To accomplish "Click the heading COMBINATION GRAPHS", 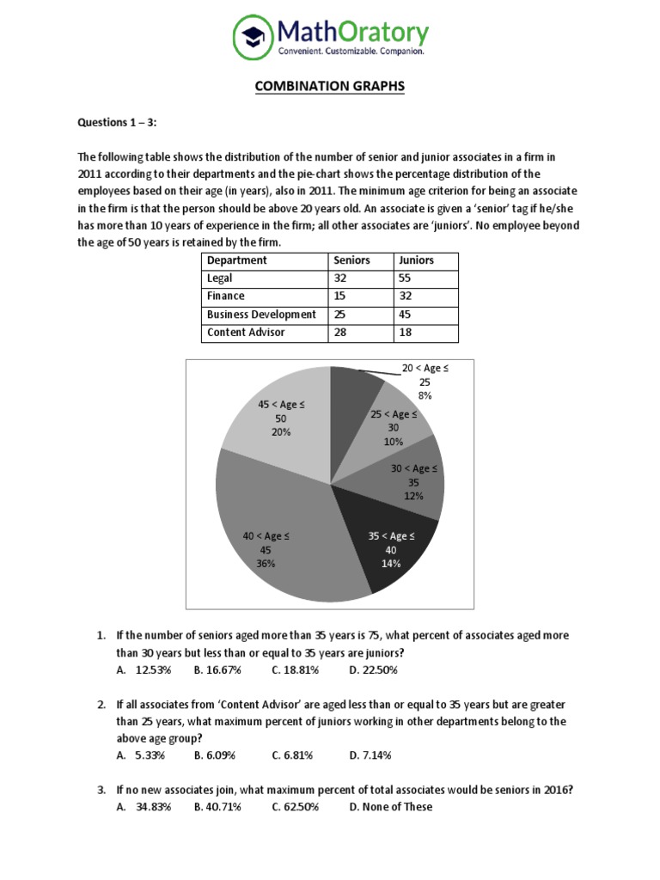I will point(329,87).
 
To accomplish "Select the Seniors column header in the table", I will point(351,260).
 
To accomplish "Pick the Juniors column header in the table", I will point(415,260).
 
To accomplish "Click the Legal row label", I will point(220,278).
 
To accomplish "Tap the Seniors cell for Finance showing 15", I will point(340,296).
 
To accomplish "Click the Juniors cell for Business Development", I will point(404,315).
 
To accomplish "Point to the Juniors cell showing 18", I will point(404,333).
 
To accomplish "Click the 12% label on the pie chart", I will point(414,496).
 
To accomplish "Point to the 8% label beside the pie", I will point(425,395).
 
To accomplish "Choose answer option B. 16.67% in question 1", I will point(217,669).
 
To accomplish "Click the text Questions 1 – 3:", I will point(117,122).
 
